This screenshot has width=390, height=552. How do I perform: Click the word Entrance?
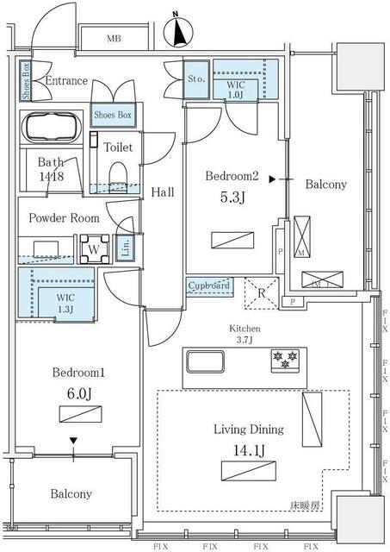coord(66,81)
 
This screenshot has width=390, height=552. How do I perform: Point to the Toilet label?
coord(118,147)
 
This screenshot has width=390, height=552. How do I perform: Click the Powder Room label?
coord(64,218)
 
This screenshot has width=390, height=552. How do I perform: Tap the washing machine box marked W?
coord(92,249)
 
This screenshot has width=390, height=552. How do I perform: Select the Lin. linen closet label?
coord(126,248)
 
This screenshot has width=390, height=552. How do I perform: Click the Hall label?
coord(163,192)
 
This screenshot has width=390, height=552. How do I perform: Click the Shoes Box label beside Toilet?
coord(113,115)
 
